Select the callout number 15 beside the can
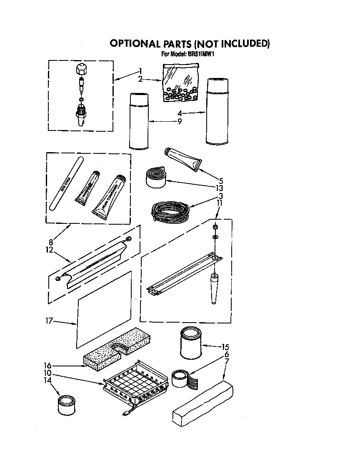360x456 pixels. (225, 347)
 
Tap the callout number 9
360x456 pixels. (179, 121)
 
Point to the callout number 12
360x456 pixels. (50, 250)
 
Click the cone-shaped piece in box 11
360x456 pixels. (215, 289)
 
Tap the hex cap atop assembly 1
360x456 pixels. (82, 69)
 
